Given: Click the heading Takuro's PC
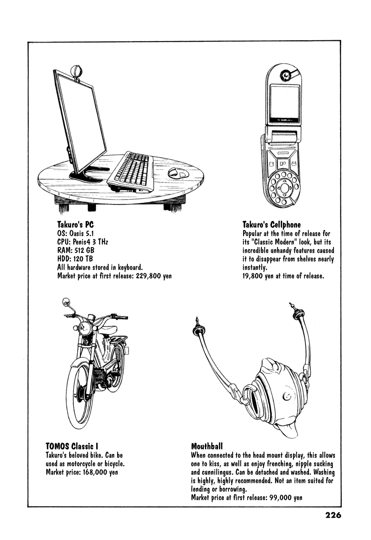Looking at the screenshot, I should [76, 224].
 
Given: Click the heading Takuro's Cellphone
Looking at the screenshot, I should [272, 224].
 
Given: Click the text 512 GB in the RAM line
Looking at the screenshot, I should [82, 250].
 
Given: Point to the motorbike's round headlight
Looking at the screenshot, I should [85, 328].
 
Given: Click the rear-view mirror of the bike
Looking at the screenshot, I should [65, 302].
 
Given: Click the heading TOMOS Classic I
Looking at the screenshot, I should [72, 446].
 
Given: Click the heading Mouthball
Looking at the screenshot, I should [207, 446].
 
